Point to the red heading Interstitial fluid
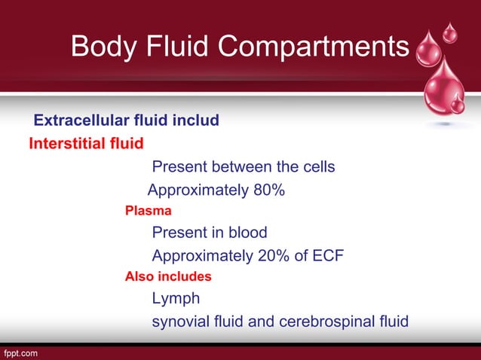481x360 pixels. (86, 142)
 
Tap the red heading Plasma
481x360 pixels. (148, 211)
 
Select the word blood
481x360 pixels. (247, 233)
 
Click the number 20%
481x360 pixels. (272, 255)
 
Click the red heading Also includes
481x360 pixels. (168, 276)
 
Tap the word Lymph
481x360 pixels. (176, 299)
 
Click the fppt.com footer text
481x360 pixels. (20, 352)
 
